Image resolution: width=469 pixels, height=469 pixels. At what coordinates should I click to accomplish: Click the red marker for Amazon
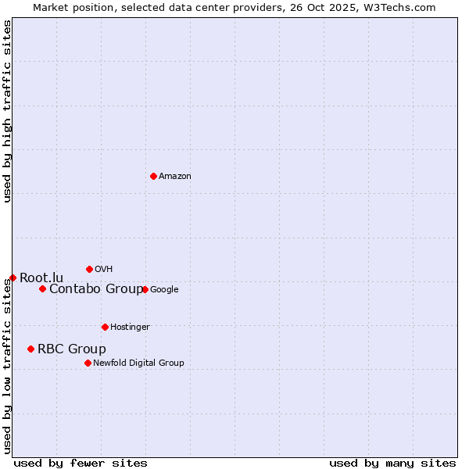153,176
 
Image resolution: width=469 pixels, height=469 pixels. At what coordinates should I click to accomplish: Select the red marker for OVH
89,269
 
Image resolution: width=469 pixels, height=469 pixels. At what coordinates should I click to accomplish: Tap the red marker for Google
145,289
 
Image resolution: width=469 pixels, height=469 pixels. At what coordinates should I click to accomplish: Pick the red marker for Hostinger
105,327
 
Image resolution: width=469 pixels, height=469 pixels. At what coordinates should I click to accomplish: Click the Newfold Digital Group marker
88,363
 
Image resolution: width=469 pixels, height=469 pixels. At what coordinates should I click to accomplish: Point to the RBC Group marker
30,349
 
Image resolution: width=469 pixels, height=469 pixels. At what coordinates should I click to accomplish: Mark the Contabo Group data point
42,288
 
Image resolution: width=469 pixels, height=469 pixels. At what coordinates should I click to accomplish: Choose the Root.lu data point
13,277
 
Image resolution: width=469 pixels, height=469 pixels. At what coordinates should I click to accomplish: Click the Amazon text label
175,177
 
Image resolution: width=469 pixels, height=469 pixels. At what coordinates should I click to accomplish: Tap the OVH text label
104,270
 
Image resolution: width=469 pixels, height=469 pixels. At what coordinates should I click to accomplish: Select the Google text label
164,290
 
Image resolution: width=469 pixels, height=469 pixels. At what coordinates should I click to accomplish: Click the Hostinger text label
130,328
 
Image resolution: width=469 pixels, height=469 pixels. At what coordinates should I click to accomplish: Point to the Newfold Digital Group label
138,363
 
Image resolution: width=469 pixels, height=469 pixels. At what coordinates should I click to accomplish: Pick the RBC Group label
72,349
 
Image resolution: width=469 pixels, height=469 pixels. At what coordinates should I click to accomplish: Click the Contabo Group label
96,289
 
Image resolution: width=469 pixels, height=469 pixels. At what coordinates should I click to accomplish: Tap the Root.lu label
41,278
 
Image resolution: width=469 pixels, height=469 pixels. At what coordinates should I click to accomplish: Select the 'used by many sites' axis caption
392,463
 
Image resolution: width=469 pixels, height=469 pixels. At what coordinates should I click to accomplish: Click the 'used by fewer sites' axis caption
81,463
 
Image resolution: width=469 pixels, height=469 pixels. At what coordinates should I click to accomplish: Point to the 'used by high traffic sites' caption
7,111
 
